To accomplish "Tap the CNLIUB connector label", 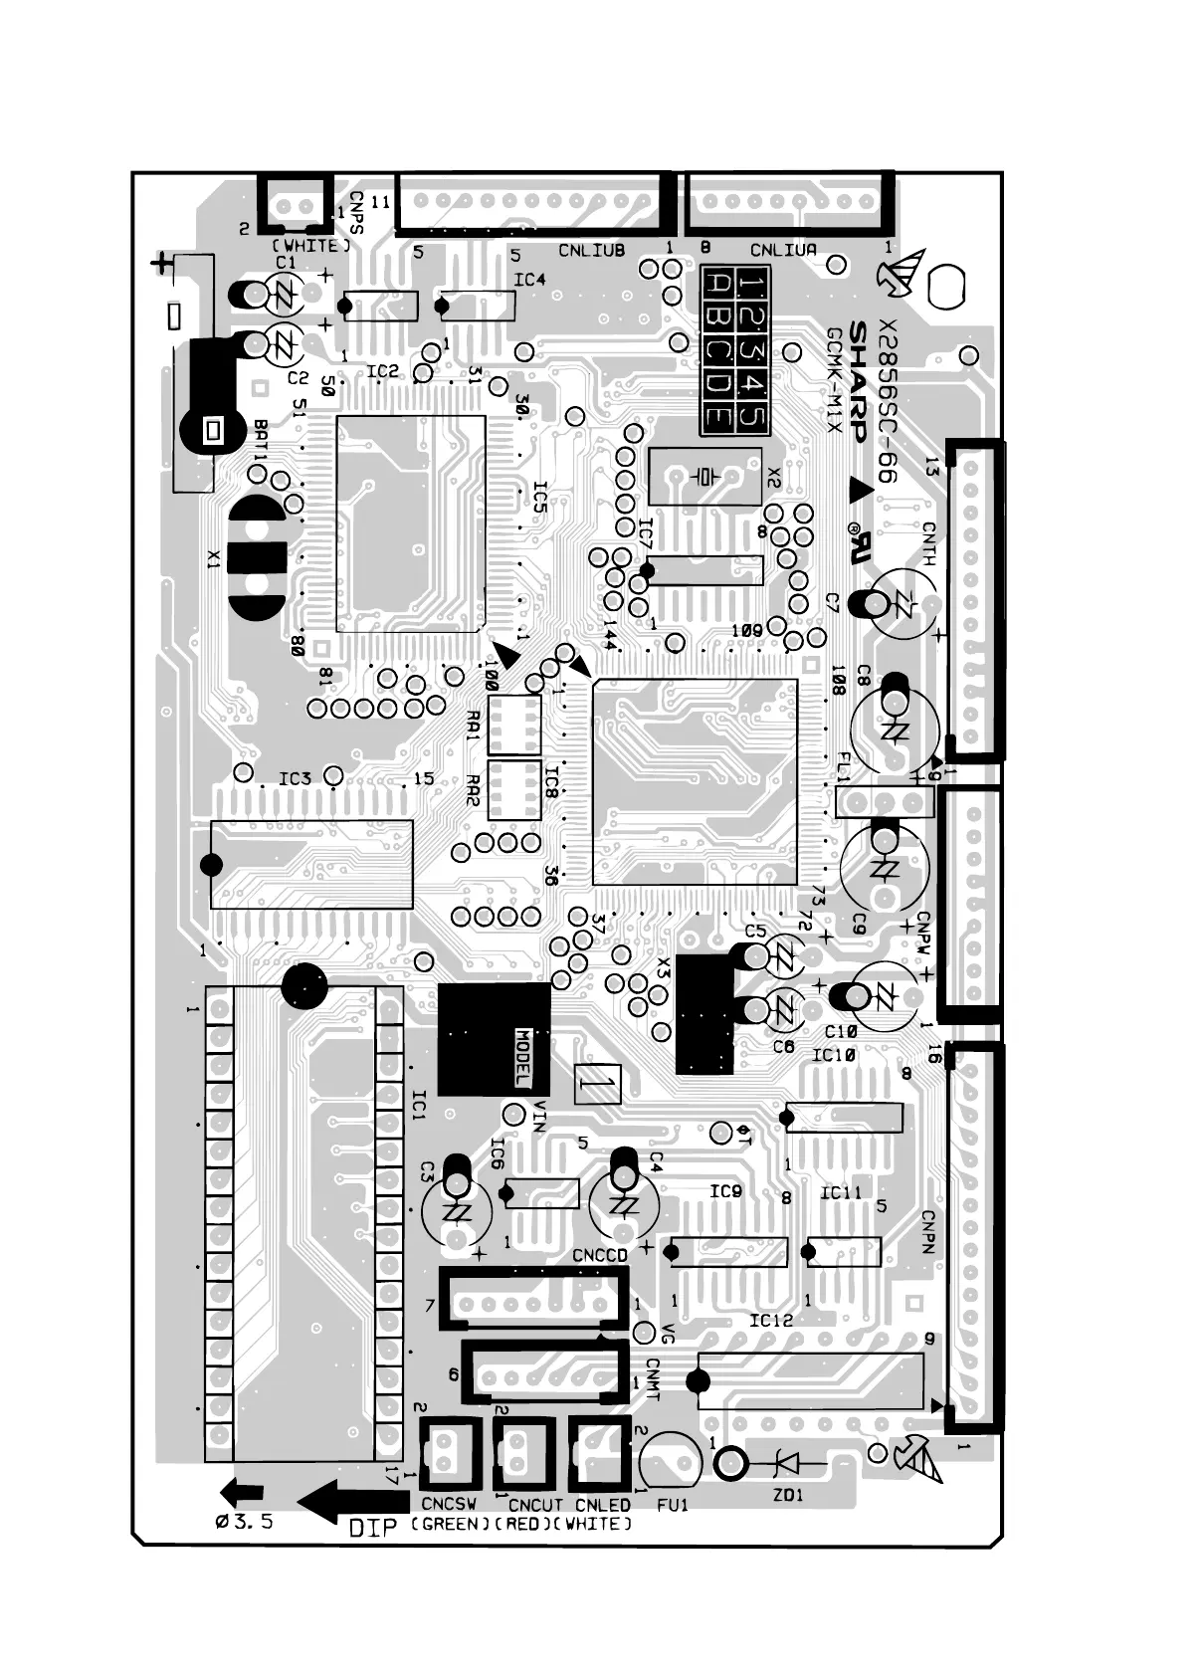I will (591, 250).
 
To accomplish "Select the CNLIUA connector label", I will (783, 250).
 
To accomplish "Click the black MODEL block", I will (494, 1040).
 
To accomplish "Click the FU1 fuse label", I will (673, 1505).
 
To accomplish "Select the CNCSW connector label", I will (448, 1505).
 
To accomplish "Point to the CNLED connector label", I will (603, 1505).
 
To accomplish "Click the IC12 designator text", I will (771, 1320).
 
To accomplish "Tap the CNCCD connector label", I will (600, 1256).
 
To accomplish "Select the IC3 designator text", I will (295, 778).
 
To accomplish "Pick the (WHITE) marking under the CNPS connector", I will (311, 245).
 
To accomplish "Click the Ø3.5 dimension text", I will (244, 1522).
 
